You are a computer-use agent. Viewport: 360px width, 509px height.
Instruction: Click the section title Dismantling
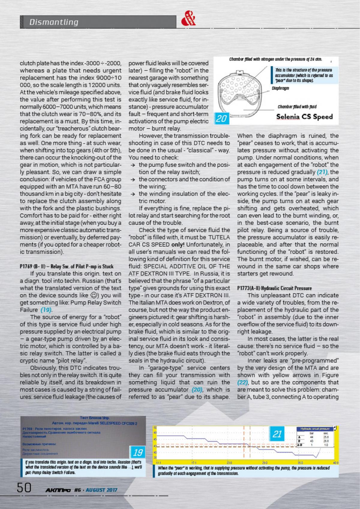click(54, 22)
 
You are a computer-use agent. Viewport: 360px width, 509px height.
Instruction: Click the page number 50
click(24, 488)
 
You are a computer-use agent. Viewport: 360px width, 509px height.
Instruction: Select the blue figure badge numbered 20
click(221, 119)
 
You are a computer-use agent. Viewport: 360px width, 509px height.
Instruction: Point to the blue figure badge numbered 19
click(138, 452)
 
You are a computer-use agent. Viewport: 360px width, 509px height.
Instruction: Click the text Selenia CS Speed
click(304, 117)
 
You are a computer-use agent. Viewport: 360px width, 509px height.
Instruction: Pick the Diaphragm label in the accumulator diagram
click(280, 88)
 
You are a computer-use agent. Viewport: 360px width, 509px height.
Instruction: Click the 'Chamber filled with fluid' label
click(297, 107)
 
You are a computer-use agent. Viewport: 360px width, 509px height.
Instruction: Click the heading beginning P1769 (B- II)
click(67, 266)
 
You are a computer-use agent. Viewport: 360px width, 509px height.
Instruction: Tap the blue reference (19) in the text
click(46, 310)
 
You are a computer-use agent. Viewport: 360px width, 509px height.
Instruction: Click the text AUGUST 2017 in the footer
click(101, 490)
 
